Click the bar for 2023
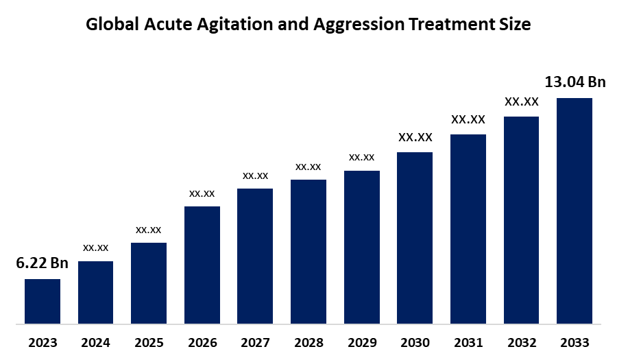click(43, 301)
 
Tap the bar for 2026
click(202, 265)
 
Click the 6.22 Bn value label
click(43, 263)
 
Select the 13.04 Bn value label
click(575, 82)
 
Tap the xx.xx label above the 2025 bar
click(149, 229)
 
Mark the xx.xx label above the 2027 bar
click(255, 176)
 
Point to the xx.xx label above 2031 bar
click(468, 119)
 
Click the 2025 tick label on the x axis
click(149, 342)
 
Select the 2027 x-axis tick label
click(255, 342)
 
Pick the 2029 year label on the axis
click(361, 342)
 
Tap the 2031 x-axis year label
click(468, 342)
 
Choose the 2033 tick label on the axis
click(574, 342)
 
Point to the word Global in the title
click(110, 25)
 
